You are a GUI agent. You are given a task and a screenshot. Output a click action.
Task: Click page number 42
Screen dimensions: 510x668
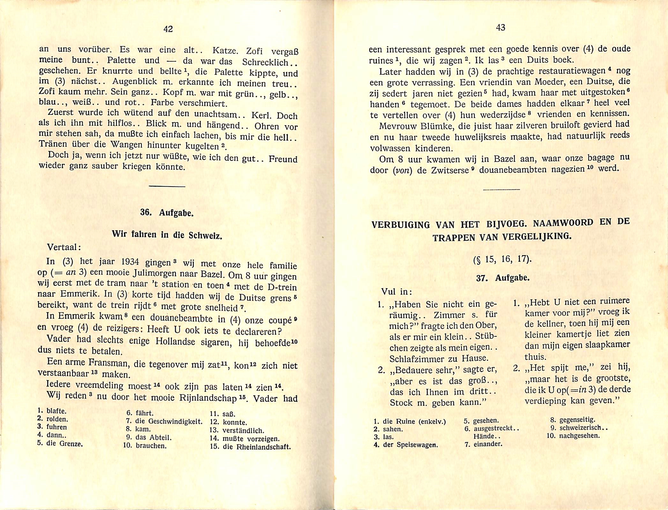tap(168, 29)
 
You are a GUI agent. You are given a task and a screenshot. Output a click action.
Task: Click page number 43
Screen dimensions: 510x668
tap(501, 28)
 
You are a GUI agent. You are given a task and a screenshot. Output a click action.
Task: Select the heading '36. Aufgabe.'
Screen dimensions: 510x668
tap(167, 213)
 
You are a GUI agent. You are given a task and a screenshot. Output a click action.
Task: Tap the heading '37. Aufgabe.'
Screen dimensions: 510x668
tap(503, 278)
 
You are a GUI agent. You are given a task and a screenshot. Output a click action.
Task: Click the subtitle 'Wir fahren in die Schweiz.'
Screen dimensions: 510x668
tap(167, 235)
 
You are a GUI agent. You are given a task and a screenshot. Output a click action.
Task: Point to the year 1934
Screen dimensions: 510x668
tap(130, 262)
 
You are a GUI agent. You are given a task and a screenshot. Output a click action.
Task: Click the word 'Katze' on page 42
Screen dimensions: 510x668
tap(225, 50)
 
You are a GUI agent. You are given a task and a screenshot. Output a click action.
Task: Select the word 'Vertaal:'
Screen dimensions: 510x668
tap(64, 247)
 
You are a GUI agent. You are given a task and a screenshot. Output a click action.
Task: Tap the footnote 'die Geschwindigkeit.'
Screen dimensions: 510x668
tap(169, 421)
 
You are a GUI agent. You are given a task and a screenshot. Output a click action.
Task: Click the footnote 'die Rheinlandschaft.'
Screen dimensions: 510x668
tap(257, 447)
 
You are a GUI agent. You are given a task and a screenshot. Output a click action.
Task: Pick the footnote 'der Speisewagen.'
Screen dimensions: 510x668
tap(410, 445)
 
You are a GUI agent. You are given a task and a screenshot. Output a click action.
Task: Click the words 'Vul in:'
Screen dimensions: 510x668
tap(397, 292)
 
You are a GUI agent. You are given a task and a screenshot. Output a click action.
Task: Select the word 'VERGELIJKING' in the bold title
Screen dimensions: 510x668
tap(536, 236)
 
